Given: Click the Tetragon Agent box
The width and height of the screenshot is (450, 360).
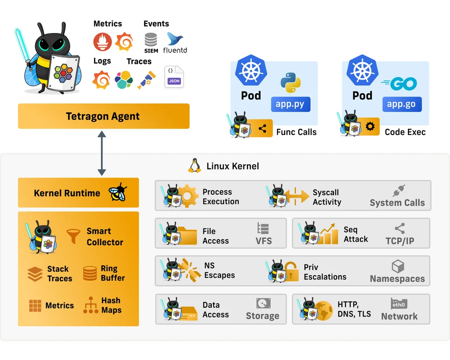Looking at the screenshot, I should coord(103,116).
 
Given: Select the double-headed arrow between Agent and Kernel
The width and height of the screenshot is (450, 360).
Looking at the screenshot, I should coord(102,153).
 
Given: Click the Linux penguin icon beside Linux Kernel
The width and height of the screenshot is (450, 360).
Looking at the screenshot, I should coord(194,166).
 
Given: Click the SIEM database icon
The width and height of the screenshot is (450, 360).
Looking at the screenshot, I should coord(151,42).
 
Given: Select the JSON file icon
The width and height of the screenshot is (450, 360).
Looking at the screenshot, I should coord(174,76).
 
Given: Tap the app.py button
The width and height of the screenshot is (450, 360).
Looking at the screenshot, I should coord(290,105).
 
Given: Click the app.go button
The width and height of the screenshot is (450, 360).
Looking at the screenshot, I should coord(402,105).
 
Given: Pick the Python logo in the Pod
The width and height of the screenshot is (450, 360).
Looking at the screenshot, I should coord(290,83).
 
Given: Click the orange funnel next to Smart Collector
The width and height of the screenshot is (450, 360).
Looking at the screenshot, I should coord(73,236).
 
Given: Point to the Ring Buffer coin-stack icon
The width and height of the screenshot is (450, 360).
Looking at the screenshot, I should coord(90,273).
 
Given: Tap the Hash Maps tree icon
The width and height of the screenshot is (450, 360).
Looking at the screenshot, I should coord(91,305).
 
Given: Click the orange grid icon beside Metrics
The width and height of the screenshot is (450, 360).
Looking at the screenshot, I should coord(35,305).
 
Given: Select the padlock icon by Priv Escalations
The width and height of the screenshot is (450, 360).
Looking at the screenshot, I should coord(291,272).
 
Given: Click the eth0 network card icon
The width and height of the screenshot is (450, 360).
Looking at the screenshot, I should coord(399,304).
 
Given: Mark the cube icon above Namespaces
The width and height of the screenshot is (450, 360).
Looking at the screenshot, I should coord(398,266).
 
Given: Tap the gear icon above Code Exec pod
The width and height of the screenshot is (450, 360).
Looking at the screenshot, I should coord(370,127).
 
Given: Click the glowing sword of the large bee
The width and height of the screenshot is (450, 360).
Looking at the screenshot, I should coord(22,46).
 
